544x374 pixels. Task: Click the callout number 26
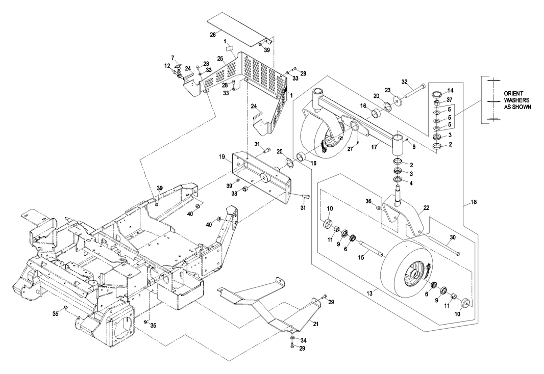point(212,35)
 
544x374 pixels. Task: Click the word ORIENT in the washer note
point(513,94)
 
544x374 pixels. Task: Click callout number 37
point(450,99)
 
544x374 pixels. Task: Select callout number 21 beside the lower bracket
point(315,324)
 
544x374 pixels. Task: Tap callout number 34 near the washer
point(303,340)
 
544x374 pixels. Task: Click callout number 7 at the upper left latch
point(172,58)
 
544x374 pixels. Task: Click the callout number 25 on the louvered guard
point(220,59)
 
